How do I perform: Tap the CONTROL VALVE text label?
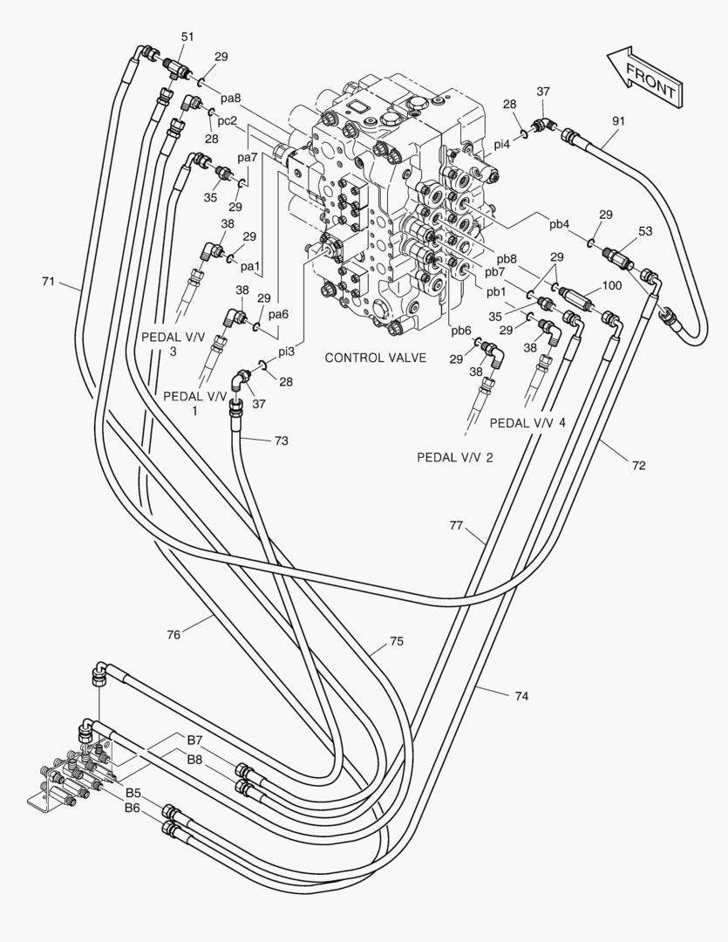point(376,358)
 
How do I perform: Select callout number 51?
point(188,38)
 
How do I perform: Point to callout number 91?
point(619,120)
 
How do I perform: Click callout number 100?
point(612,285)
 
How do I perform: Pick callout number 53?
point(645,231)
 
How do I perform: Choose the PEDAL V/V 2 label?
point(455,458)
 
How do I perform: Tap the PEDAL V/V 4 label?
point(527,423)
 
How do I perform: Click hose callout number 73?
point(281,441)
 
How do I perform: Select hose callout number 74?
point(522,696)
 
